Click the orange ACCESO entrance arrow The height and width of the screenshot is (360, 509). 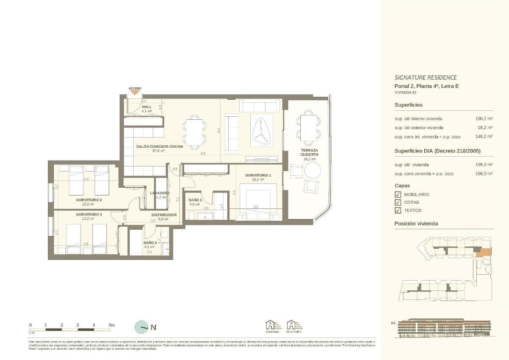click(x=135, y=92)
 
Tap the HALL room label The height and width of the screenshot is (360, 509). click(x=147, y=107)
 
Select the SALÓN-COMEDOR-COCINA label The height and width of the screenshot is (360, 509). click(x=160, y=146)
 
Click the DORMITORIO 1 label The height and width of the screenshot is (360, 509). click(x=258, y=175)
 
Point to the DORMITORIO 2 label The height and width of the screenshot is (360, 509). click(x=89, y=200)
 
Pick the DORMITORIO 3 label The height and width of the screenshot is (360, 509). click(x=89, y=215)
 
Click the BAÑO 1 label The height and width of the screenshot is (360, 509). click(x=195, y=200)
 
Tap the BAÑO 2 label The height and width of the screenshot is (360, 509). click(x=150, y=242)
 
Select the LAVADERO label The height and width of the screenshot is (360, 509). click(x=160, y=193)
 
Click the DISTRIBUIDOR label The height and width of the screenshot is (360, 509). click(x=164, y=215)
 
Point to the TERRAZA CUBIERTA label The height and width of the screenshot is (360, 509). click(x=309, y=152)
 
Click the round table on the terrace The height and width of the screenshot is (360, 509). click(x=313, y=171)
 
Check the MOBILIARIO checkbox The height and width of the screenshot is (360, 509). click(x=397, y=194)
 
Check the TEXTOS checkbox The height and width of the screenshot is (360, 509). click(x=397, y=210)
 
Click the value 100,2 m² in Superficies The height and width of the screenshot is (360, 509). click(x=484, y=119)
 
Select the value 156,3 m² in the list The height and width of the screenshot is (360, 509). click(x=484, y=174)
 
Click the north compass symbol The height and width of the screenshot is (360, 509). click(x=141, y=327)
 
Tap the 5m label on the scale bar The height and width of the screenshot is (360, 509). click(x=112, y=325)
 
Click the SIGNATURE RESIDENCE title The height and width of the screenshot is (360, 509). click(x=425, y=78)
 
